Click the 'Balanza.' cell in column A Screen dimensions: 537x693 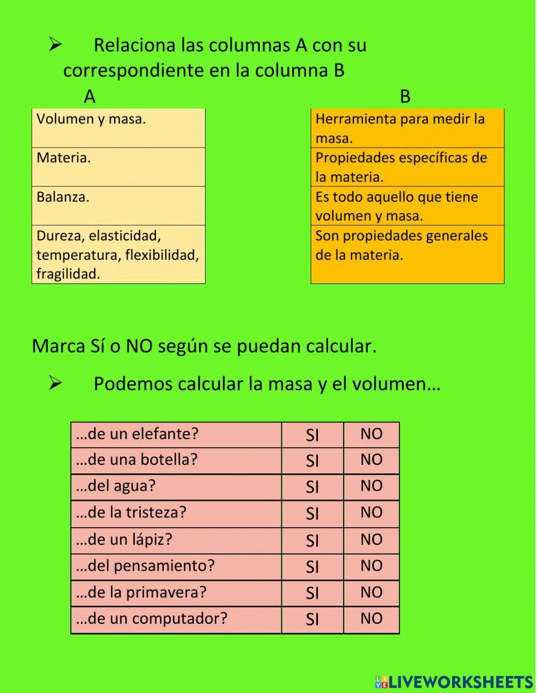coord(118,206)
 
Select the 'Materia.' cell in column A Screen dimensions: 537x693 coord(118,167)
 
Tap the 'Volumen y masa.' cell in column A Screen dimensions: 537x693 coord(118,128)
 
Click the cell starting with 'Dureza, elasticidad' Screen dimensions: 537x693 coord(118,254)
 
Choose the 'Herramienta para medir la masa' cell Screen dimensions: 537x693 coord(407,128)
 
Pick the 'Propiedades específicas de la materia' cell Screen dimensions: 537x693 coord(407,167)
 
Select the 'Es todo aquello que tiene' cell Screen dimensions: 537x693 coord(407,206)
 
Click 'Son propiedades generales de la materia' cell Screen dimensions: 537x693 coord(407,254)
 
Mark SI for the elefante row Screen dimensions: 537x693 coord(312,435)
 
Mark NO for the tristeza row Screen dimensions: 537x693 coord(371,513)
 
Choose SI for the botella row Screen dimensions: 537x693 coord(312,461)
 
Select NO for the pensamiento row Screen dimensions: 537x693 coord(371,566)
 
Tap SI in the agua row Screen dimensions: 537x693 coord(312,487)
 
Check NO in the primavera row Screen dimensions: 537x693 coord(371,593)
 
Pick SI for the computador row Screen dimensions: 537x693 coord(312,619)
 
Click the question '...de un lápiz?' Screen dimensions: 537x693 coord(124,539)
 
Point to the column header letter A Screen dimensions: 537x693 coord(89,97)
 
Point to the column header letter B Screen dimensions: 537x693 coord(405,97)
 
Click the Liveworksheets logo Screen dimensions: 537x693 coord(454,682)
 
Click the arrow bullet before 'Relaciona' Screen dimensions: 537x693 coord(55,45)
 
